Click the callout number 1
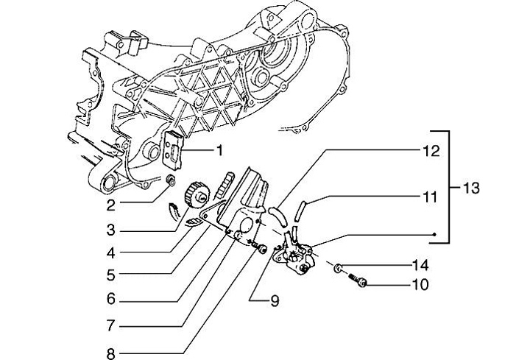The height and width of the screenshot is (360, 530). click(x=219, y=152)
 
